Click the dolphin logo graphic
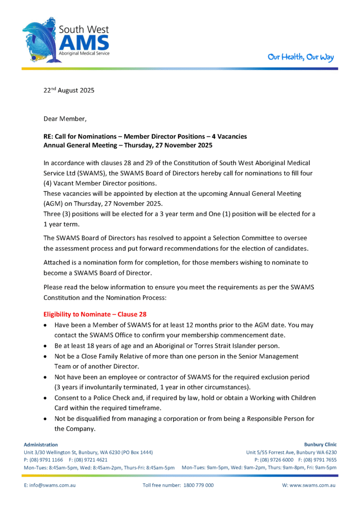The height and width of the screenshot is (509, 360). pos(41,40)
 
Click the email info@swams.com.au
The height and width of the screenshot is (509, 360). pos(50,485)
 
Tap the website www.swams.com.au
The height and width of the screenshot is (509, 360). pos(309,485)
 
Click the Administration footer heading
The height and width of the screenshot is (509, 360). pos(41,444)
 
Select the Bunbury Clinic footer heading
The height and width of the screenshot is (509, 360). pos(320,444)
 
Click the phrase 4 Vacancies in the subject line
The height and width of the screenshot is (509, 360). pos(223,136)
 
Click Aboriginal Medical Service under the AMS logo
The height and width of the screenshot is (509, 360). pos(84,53)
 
